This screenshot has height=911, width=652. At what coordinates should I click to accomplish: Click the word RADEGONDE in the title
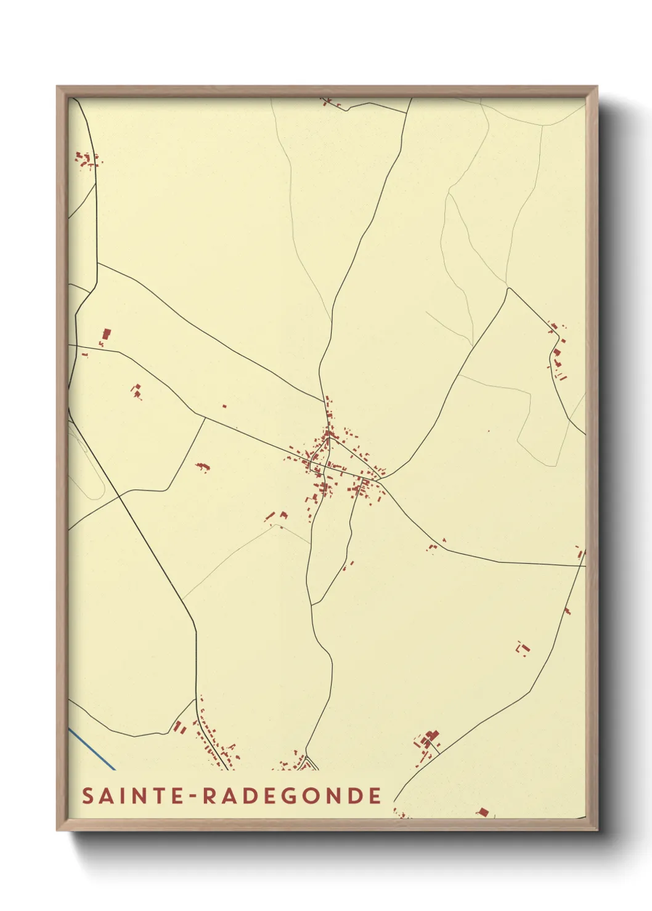point(292,796)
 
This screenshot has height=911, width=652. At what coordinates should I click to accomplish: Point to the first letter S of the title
point(88,796)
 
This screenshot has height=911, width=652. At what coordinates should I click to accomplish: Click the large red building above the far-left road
point(106,335)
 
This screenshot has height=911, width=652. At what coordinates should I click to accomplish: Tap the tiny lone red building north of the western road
point(224,406)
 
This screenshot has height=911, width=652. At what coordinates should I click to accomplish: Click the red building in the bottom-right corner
point(483,813)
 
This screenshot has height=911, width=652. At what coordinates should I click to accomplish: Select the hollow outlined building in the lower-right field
point(523,649)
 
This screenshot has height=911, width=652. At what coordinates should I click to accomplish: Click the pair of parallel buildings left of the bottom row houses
point(180,728)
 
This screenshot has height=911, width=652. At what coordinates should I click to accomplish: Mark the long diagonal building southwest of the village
point(270,516)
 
